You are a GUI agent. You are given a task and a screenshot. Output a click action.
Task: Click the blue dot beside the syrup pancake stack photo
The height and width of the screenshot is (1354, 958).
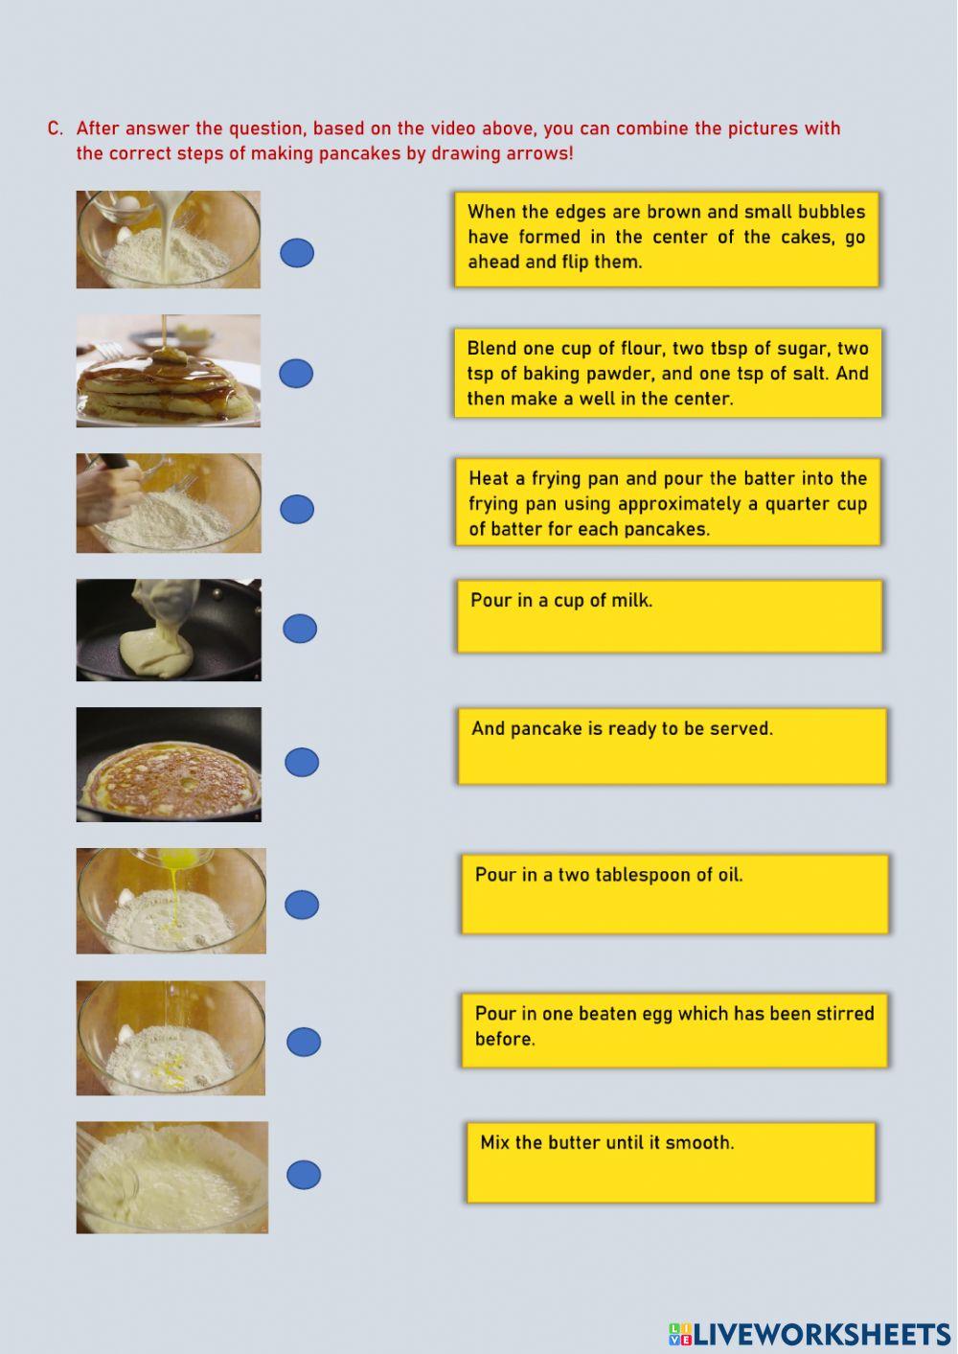pos(296,374)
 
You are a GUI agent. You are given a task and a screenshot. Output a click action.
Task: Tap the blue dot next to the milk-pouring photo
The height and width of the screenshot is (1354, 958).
pos(297,253)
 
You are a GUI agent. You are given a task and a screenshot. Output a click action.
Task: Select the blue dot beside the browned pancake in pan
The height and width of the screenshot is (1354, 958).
pos(302,763)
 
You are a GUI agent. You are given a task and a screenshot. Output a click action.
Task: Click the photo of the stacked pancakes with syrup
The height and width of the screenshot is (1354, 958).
pos(169,371)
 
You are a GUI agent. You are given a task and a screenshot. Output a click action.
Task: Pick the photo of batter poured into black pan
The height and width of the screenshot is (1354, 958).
pos(169,630)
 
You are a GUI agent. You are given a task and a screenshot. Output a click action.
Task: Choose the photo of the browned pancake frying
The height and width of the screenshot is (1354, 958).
pos(169,765)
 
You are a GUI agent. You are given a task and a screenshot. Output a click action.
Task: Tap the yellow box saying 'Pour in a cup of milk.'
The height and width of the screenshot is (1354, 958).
pos(669,616)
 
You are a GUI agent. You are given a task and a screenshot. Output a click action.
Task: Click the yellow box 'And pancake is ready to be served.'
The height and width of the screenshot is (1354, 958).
pos(672,746)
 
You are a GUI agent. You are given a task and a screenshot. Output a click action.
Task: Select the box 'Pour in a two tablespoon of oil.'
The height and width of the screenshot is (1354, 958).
pos(674,894)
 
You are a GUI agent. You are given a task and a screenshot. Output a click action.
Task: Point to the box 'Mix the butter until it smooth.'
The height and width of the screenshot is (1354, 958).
pos(671,1162)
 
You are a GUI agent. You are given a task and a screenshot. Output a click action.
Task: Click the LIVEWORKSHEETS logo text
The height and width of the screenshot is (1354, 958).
pos(821,1334)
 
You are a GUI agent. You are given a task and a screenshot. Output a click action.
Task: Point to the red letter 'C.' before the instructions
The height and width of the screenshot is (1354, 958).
pos(56,128)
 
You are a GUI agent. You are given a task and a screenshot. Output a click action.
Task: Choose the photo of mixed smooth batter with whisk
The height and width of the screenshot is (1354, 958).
pos(172,1178)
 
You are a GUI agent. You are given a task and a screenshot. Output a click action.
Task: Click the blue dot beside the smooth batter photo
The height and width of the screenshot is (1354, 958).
pos(304,1175)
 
